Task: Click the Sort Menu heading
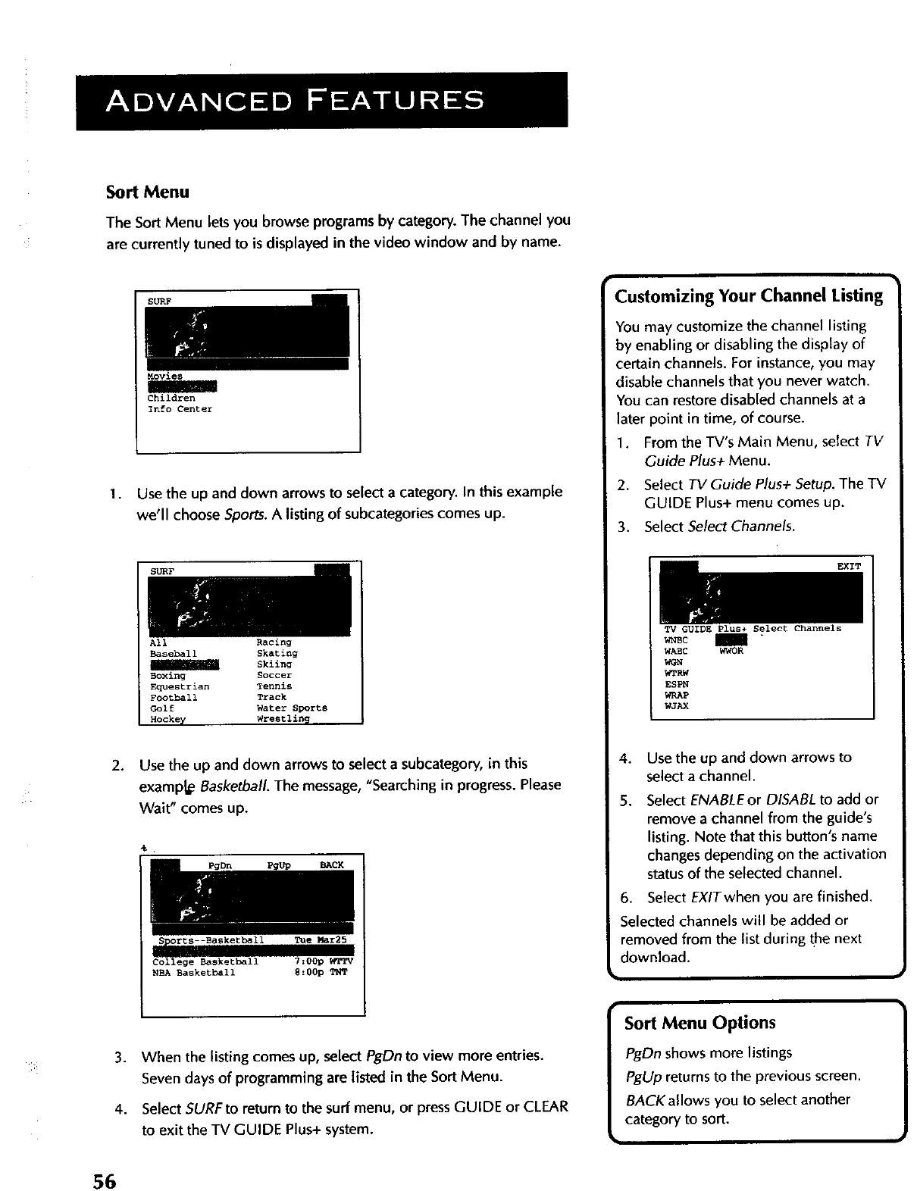point(147,192)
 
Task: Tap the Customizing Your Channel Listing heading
point(749,295)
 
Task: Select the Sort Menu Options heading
point(699,1023)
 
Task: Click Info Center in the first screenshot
point(180,409)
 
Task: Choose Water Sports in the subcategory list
point(292,708)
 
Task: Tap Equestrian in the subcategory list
point(180,686)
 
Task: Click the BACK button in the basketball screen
point(331,865)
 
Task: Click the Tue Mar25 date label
point(320,940)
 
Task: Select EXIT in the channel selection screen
point(848,566)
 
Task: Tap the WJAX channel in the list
point(676,705)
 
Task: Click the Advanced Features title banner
point(321,101)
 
